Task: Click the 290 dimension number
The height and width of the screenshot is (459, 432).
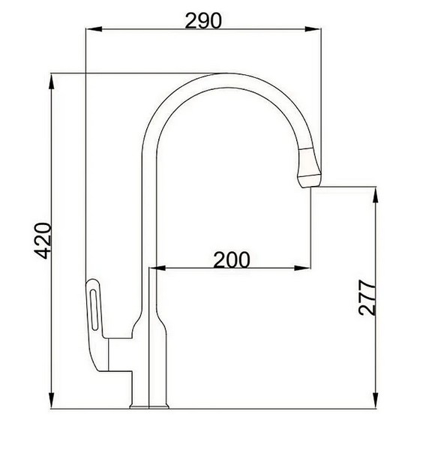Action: pos(203,21)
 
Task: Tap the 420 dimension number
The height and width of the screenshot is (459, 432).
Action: pos(43,241)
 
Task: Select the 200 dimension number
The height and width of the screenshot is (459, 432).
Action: pos(232,260)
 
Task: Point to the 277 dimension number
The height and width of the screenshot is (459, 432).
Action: pos(367,298)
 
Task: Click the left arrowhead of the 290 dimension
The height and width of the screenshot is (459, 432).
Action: pos(94,29)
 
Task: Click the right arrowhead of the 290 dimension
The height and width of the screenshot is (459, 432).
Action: pos(313,29)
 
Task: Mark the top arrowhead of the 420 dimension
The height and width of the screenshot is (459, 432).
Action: pos(52,81)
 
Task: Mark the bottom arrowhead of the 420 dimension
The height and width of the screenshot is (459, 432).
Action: pos(52,400)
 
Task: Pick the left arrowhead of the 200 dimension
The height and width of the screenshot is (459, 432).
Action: pos(157,268)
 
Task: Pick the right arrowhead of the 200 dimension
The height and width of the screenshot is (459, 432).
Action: pos(302,268)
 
